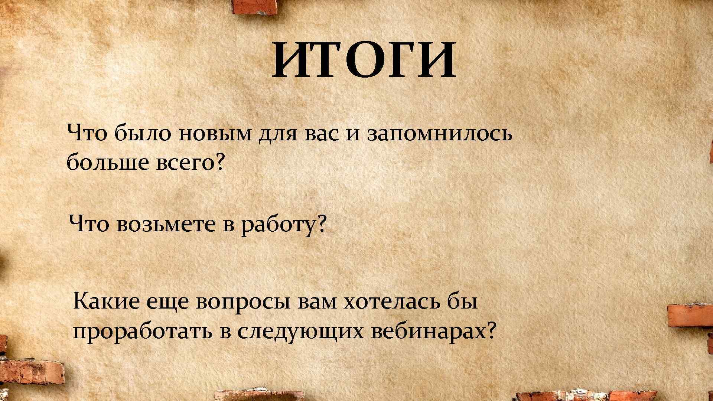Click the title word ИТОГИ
point(364,60)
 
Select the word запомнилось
point(439,134)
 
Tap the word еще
point(169,302)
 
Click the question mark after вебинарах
point(491,330)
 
